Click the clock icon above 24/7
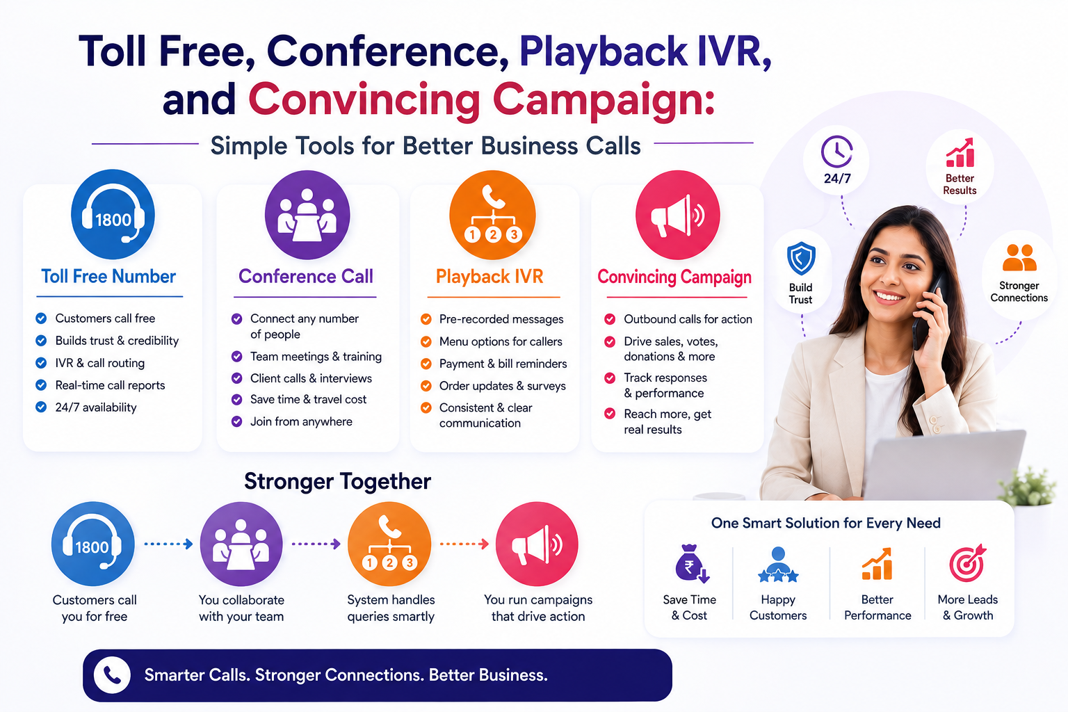[836, 152]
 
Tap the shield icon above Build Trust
[801, 258]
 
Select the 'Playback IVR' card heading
[489, 277]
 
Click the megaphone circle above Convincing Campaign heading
[677, 215]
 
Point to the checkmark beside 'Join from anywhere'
[236, 421]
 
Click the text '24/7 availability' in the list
[96, 407]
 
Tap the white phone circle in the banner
[112, 675]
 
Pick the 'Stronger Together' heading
[337, 481]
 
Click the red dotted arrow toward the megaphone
[464, 544]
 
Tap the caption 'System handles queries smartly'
[391, 608]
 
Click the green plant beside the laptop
[1028, 487]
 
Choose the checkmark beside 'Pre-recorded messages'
[426, 319]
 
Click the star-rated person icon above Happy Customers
[778, 565]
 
